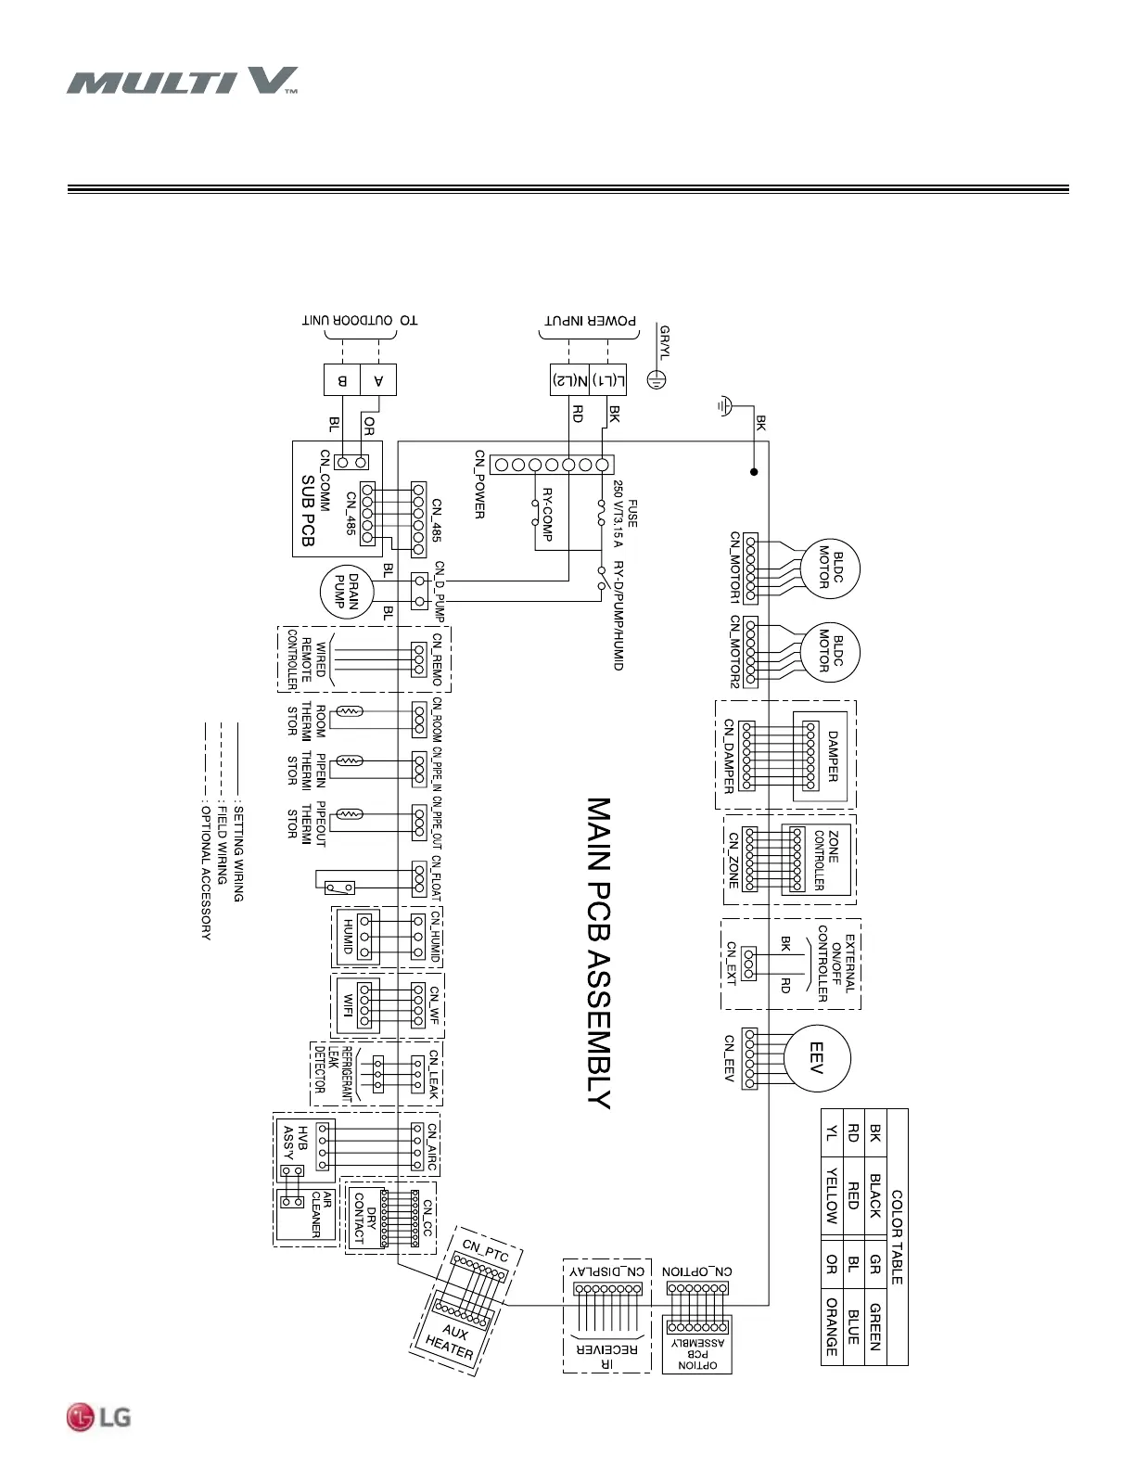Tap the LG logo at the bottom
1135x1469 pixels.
tap(98, 1417)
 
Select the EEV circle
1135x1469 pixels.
tap(817, 1058)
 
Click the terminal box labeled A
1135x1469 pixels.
tap(378, 380)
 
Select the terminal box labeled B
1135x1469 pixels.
tap(342, 380)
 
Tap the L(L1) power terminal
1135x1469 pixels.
tap(607, 380)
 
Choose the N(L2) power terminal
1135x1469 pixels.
tap(570, 380)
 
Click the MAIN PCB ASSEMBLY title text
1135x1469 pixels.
tap(599, 952)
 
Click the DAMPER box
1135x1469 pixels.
tap(832, 756)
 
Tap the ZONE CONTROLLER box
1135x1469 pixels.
tap(818, 860)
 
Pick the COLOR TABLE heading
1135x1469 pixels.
tap(897, 1237)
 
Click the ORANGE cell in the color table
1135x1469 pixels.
tap(831, 1326)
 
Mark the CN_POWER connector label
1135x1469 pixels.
tap(479, 484)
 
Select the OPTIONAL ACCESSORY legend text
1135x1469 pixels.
tap(206, 872)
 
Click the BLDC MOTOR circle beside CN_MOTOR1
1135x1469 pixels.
tap(830, 568)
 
